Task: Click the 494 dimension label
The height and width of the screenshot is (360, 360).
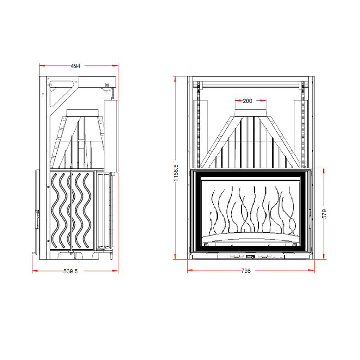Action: tap(75, 66)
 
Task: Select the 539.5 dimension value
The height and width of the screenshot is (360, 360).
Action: tap(71, 271)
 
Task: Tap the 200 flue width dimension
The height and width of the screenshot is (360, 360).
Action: tap(247, 101)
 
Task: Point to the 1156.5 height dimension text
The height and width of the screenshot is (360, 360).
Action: tap(176, 173)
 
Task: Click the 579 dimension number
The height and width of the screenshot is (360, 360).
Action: tap(324, 214)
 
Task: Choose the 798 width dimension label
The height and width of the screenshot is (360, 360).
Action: tap(246, 271)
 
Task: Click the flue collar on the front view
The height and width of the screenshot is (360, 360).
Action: tap(251, 113)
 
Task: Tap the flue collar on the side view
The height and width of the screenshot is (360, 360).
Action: tap(82, 113)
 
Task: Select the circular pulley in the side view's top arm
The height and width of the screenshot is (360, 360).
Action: tap(107, 85)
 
